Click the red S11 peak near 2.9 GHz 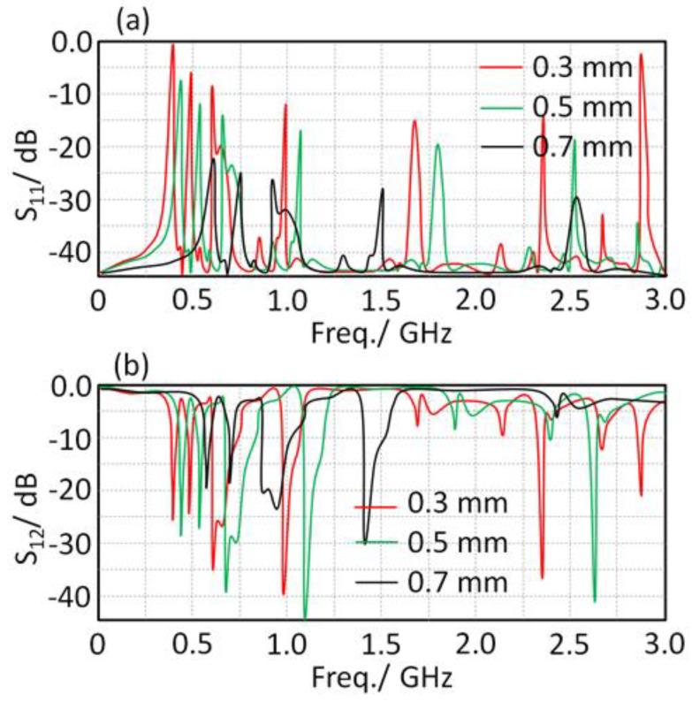coord(641,55)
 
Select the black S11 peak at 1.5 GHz coord(383,189)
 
